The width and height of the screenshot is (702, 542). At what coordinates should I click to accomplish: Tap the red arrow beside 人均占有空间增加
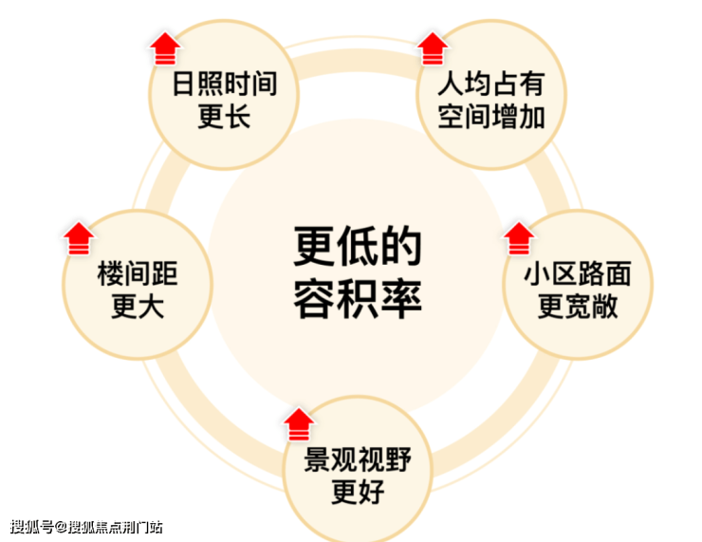(x=433, y=48)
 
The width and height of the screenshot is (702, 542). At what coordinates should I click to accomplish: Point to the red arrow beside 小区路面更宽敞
(x=518, y=238)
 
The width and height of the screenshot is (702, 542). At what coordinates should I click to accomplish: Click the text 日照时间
(x=224, y=84)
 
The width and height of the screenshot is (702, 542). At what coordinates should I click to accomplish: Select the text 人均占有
(x=490, y=84)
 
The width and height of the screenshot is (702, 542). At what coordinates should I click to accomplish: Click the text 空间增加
(x=490, y=118)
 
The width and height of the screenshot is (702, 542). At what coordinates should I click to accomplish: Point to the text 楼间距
(x=138, y=274)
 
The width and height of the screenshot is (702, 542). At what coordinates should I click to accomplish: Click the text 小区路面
(x=578, y=274)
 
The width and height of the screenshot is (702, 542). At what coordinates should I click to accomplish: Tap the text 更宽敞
(x=578, y=308)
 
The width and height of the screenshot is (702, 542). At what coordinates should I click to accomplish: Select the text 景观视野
(x=357, y=461)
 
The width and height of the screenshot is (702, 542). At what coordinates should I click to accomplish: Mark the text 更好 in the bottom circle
(x=357, y=494)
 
